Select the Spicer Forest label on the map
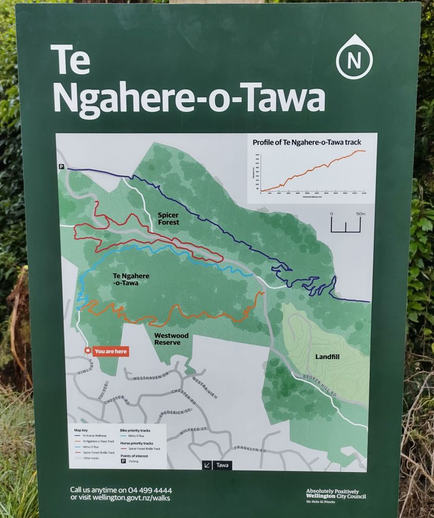[x=167, y=219]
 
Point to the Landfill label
[x=330, y=356]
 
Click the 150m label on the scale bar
[x=360, y=213]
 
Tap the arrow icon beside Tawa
[x=207, y=465]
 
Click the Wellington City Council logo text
[x=335, y=494]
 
